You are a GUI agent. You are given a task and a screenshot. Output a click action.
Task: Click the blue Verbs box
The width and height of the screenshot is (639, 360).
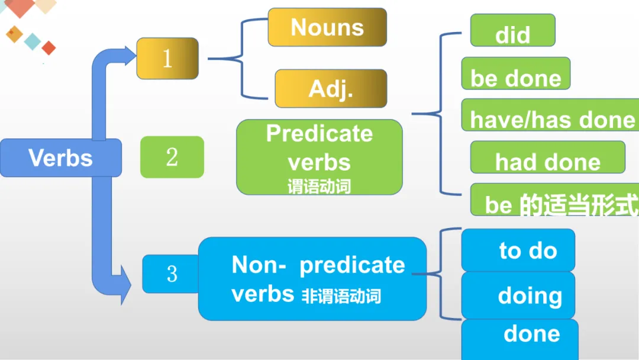point(60,157)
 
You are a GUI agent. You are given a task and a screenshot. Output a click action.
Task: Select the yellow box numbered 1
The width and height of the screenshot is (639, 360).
point(167,59)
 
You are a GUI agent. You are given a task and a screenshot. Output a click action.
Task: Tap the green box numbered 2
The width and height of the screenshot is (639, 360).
point(172,157)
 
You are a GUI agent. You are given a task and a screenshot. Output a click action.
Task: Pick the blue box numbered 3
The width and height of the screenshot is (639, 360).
point(170,274)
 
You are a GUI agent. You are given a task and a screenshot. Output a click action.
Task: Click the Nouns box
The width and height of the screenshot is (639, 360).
point(327,27)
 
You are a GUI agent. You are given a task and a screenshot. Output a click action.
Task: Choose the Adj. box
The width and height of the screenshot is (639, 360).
point(331,89)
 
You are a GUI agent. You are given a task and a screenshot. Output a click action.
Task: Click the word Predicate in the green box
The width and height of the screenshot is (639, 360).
point(319,134)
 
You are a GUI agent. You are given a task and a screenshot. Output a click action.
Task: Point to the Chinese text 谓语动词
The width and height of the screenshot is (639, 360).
point(319,187)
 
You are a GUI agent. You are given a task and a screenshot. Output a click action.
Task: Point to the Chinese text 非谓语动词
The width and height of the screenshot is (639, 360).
point(341,295)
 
